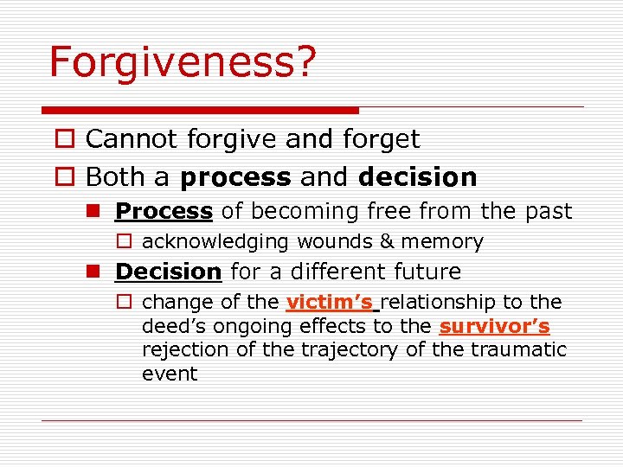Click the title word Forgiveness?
pos(183,63)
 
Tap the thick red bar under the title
pos(200,111)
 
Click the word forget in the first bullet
pos(382,139)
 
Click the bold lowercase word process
pos(235,178)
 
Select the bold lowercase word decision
pos(417,177)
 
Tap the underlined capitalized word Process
pos(164,211)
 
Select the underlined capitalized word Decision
pos(168,272)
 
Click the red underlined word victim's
pos(329,303)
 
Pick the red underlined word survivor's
pos(494,327)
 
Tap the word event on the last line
pos(170,374)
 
